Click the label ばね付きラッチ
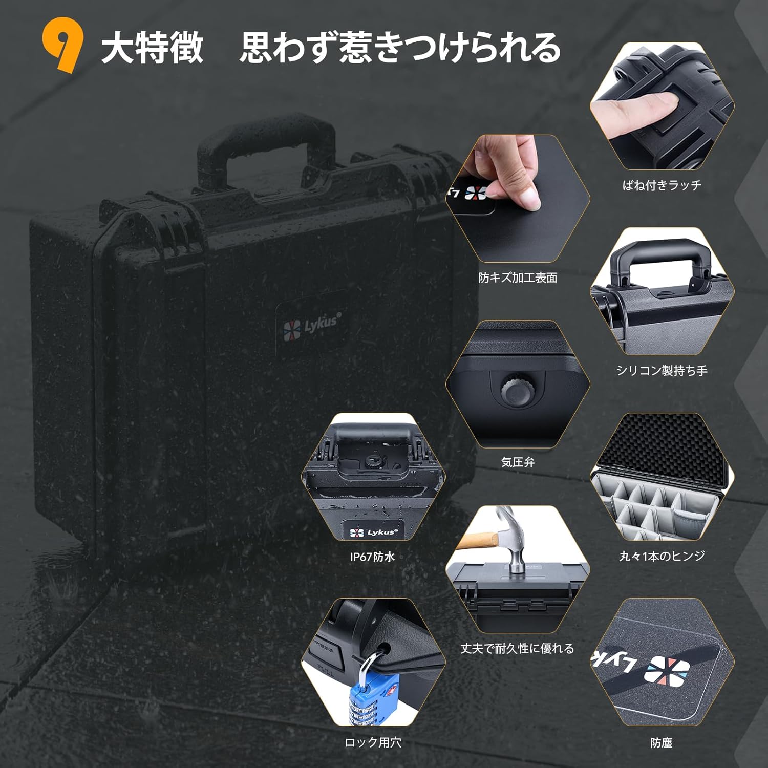(x=662, y=185)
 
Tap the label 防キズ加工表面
(x=518, y=278)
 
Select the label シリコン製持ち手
(x=662, y=370)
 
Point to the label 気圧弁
(x=518, y=462)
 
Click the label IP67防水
(x=372, y=557)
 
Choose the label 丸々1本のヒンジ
(x=662, y=556)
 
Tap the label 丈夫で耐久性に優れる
(x=517, y=648)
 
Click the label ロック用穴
(x=373, y=742)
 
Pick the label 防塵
(x=662, y=742)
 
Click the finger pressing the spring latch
(x=635, y=108)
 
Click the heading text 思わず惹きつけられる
(x=400, y=47)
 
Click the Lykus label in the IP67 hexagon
(x=373, y=532)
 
